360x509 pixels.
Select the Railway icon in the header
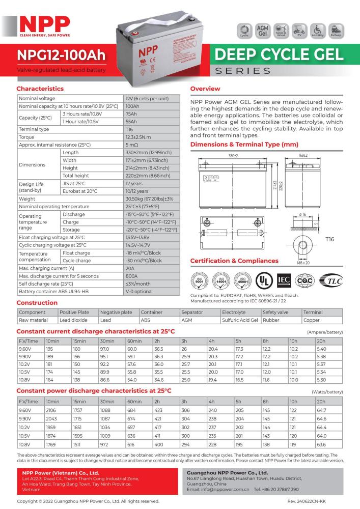click(336, 30)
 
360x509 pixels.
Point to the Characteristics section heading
click(40, 89)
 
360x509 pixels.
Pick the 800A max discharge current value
click(132, 276)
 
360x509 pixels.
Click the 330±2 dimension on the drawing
click(233, 156)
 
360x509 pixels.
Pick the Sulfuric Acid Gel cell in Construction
click(240, 320)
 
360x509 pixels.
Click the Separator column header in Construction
click(192, 312)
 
